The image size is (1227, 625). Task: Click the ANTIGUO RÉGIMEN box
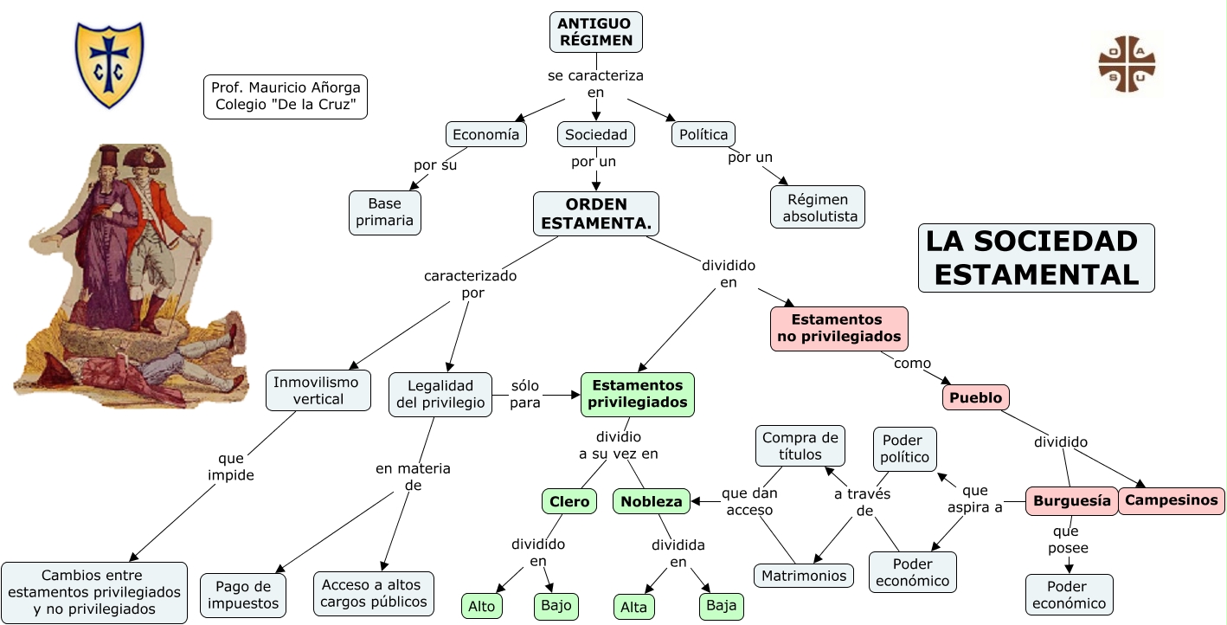596,32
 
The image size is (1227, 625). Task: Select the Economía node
486,134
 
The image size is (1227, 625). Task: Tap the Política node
704,134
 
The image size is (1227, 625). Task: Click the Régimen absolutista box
818,208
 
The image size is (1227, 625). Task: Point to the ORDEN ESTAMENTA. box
596,214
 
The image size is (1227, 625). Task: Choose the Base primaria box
385,213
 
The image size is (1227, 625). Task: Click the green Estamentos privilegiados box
638,394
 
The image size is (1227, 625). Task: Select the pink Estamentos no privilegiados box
839,328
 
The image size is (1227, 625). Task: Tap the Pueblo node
975,397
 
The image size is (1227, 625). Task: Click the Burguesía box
1071,500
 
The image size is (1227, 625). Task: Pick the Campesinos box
1172,499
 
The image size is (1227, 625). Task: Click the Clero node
569,501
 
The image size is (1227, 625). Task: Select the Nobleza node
652,501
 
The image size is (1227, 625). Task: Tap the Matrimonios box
804,575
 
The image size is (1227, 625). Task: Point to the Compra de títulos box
800,446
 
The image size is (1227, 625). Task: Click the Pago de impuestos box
243,595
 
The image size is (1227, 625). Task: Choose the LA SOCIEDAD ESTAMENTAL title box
1036,257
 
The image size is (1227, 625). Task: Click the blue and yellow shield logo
109,65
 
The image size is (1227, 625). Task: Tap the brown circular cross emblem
1127,64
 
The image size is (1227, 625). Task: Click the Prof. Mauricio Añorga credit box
286,96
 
